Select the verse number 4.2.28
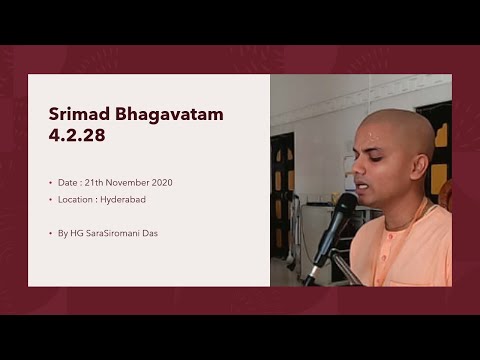point(76,136)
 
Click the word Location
point(79,200)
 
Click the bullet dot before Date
point(51,184)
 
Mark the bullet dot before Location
point(51,200)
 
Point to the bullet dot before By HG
point(51,232)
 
